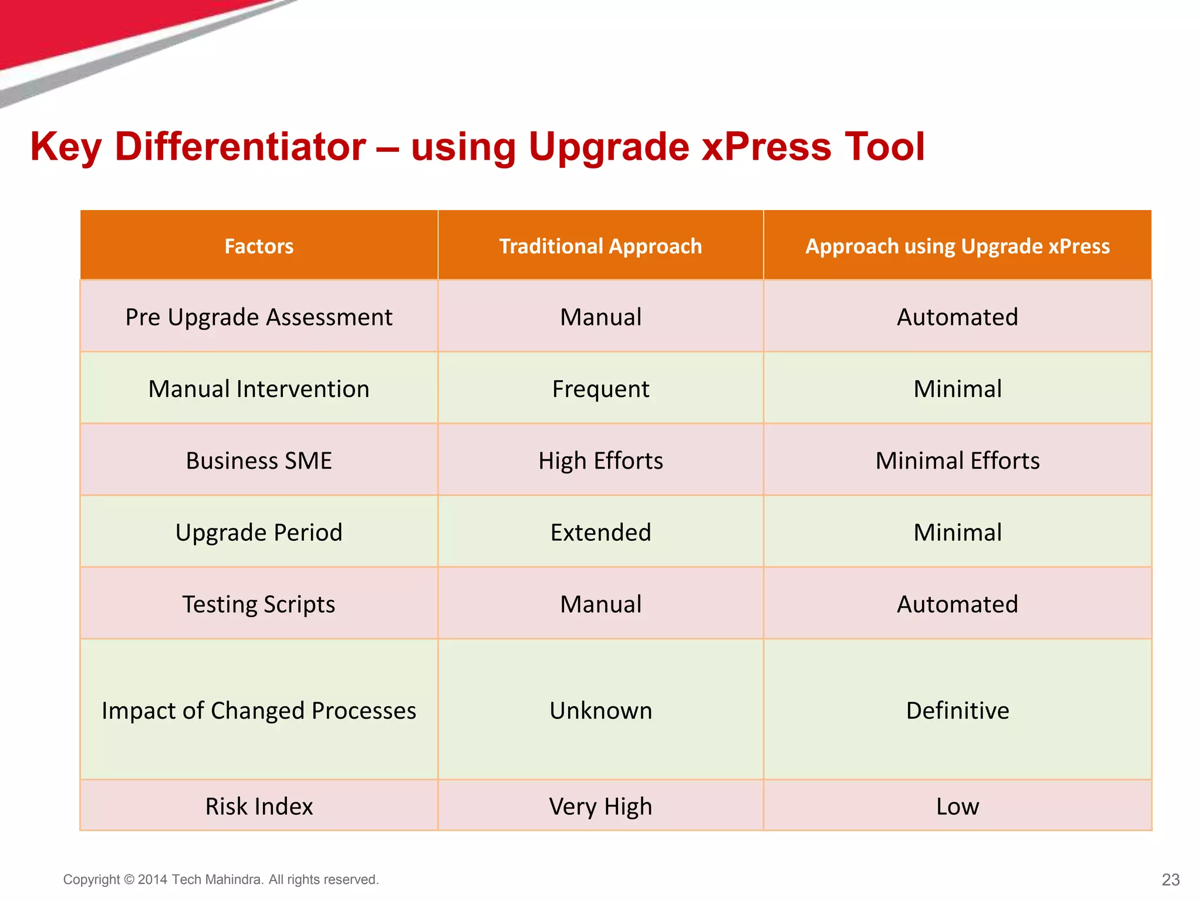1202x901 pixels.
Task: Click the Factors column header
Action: (x=259, y=246)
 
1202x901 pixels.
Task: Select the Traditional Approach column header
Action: (x=600, y=246)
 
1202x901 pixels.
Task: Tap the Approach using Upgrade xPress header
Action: (x=957, y=246)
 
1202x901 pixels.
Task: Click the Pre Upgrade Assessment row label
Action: (x=259, y=317)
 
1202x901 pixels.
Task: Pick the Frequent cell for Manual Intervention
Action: (x=600, y=389)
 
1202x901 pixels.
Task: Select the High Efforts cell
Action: (x=600, y=461)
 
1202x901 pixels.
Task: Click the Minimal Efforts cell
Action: (x=957, y=461)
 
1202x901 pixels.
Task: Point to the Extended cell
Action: (x=600, y=533)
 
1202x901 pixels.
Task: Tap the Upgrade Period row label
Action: (x=259, y=533)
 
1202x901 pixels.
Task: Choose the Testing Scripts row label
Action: (x=259, y=604)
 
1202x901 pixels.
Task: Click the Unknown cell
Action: (x=600, y=710)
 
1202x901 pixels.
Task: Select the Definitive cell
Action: (x=957, y=710)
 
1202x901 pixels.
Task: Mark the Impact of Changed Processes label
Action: (x=259, y=710)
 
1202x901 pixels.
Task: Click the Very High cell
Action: (x=600, y=807)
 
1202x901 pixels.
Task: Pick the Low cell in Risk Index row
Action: (x=957, y=807)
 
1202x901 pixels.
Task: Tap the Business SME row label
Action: (x=259, y=461)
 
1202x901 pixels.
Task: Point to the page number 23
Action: (x=1170, y=879)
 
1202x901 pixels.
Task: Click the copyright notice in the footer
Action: (x=221, y=879)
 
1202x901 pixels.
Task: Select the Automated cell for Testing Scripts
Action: (x=957, y=604)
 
